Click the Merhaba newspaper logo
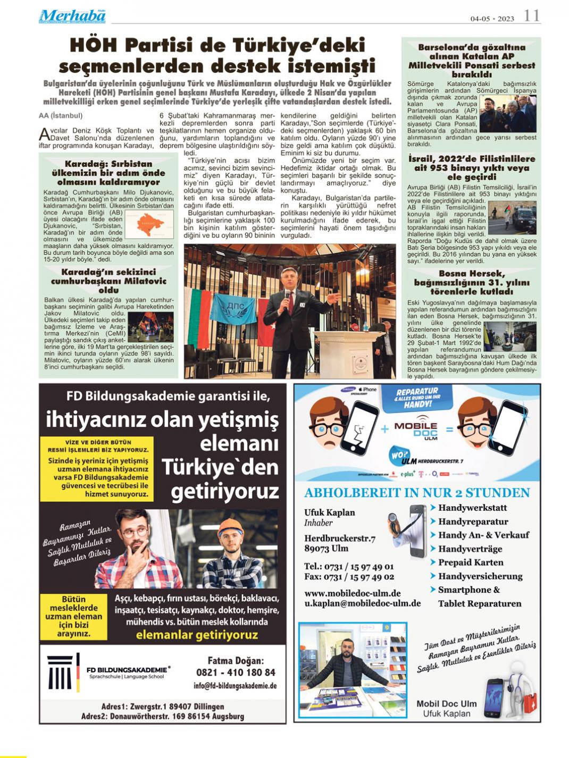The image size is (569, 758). [72, 16]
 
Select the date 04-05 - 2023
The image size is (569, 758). [492, 19]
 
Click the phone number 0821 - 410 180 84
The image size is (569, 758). [236, 672]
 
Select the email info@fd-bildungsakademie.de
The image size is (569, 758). [235, 686]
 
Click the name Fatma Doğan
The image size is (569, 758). [236, 661]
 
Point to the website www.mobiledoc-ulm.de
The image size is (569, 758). [353, 593]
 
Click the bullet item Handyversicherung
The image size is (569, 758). [480, 576]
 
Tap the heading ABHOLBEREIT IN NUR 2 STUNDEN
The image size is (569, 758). [417, 493]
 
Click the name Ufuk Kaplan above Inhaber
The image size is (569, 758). [330, 512]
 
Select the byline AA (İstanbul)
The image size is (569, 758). [61, 115]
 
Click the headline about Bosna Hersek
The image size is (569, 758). [472, 282]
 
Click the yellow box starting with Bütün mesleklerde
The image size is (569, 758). [73, 616]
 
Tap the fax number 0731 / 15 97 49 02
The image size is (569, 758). [349, 577]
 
